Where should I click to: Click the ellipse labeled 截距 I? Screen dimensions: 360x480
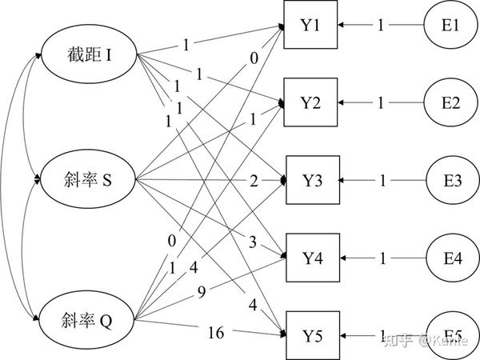89,56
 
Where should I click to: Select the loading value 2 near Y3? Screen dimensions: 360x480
254,182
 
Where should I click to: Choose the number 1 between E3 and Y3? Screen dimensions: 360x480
382,182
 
